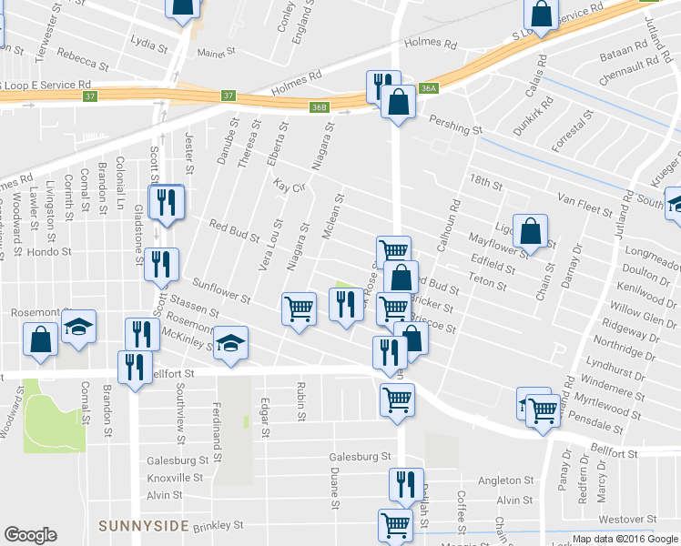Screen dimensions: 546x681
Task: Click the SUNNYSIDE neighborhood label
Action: [x=144, y=526]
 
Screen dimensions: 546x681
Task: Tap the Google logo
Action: [x=30, y=535]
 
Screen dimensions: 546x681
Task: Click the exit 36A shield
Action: [x=430, y=88]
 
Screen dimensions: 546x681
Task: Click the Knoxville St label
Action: [x=175, y=478]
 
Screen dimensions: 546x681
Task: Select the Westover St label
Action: [x=626, y=520]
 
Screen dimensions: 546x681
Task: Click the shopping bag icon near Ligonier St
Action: [x=530, y=232]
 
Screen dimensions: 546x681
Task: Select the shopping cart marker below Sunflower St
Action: [x=299, y=309]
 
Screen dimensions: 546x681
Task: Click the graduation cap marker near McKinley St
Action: [x=231, y=343]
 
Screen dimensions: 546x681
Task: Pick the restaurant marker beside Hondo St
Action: [x=160, y=265]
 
